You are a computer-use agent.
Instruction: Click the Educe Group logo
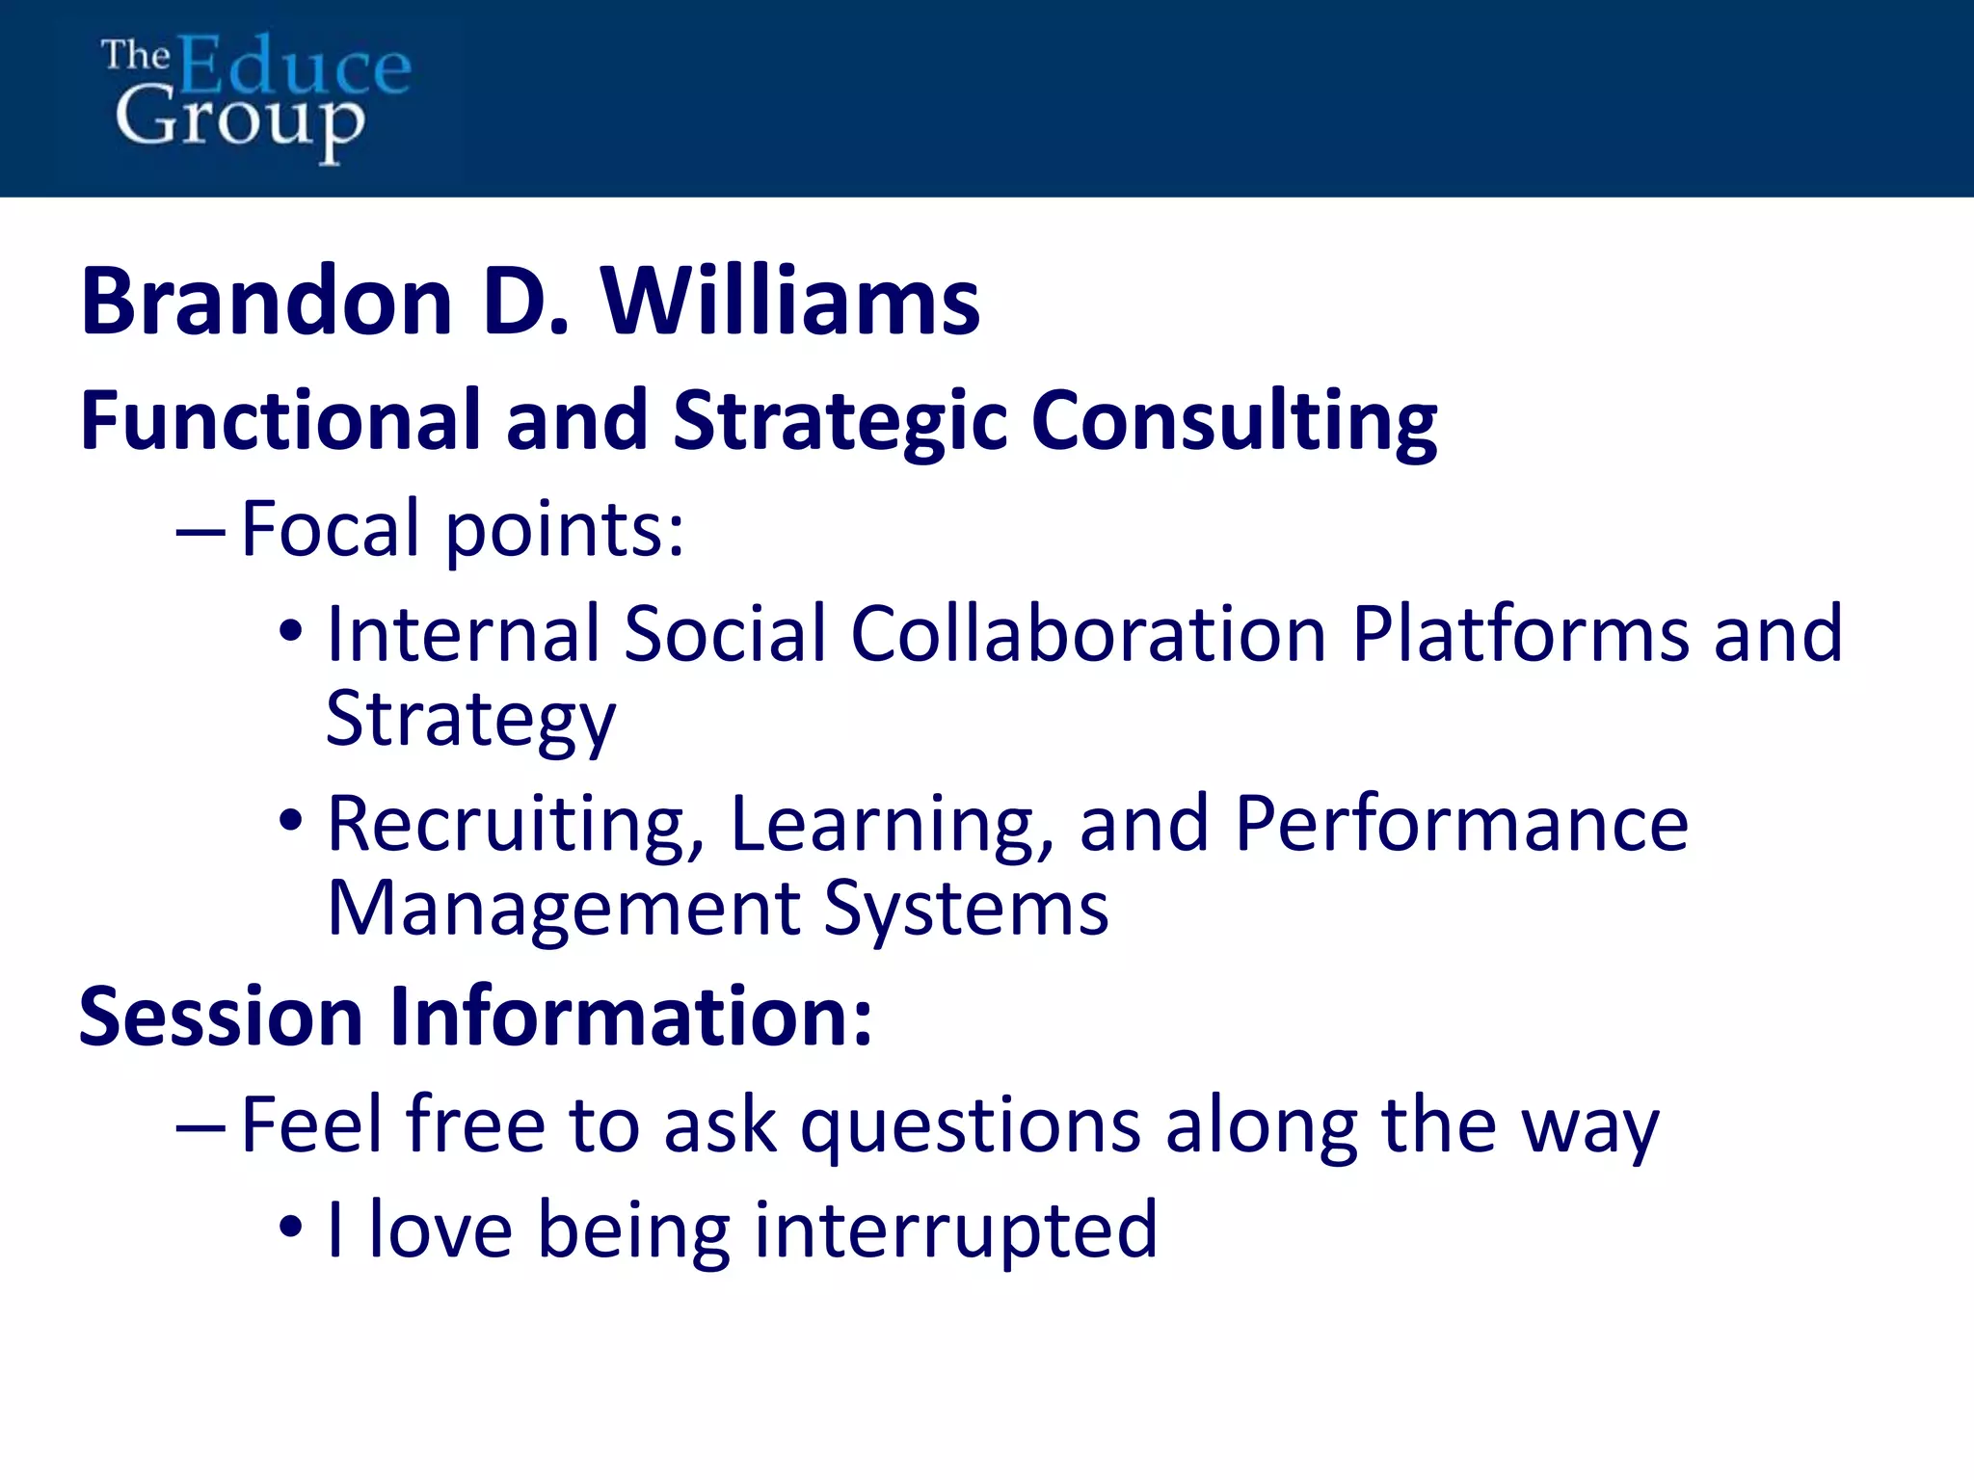click(x=255, y=96)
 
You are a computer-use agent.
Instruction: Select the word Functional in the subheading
click(x=280, y=420)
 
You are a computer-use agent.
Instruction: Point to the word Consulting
click(x=1234, y=422)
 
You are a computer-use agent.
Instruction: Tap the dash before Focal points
click(x=200, y=531)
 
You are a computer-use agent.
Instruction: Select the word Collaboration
click(x=1088, y=633)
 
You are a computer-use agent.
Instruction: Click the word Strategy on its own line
click(x=470, y=719)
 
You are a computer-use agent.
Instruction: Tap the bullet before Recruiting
click(x=290, y=822)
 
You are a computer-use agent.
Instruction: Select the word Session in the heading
click(x=221, y=1016)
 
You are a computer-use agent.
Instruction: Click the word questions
click(x=971, y=1125)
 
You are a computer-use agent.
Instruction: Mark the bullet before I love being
click(x=290, y=1229)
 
